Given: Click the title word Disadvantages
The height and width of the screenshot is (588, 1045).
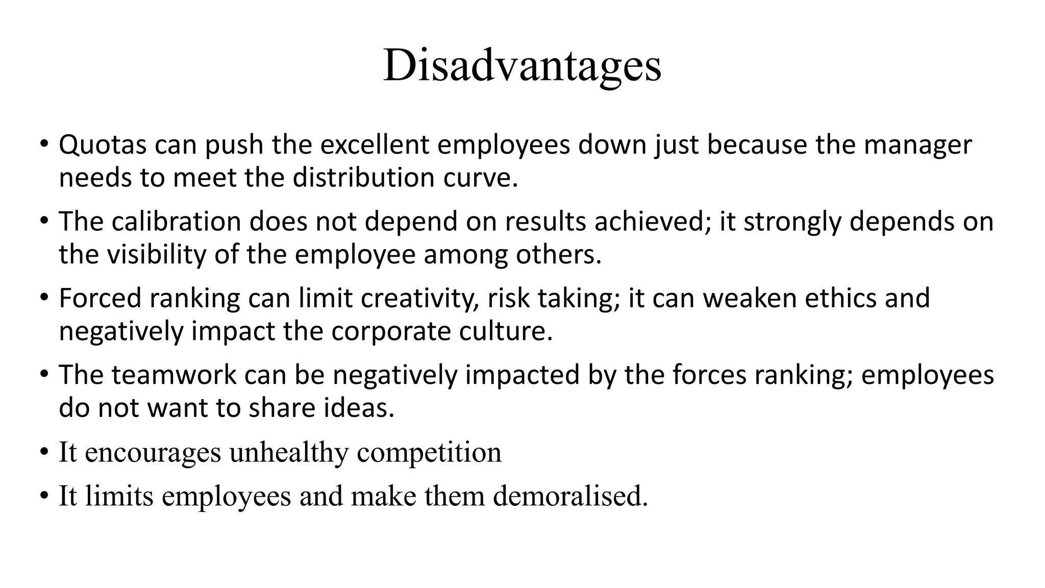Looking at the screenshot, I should click(522, 65).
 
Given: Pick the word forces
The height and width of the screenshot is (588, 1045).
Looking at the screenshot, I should click(709, 375).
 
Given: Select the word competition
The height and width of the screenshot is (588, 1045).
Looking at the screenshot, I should click(429, 452).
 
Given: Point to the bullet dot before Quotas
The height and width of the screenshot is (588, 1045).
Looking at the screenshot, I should click(44, 144).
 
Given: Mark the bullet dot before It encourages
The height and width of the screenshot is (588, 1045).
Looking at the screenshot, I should click(44, 452).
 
